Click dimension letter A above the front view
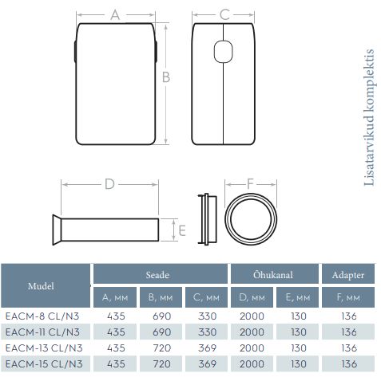(x=115, y=15)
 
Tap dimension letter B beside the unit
(x=166, y=77)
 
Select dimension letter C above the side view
(x=224, y=14)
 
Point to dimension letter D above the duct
(x=109, y=184)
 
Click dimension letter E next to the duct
(x=182, y=230)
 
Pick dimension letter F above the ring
(x=250, y=183)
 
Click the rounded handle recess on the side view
(x=223, y=52)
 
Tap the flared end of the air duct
(x=57, y=230)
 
